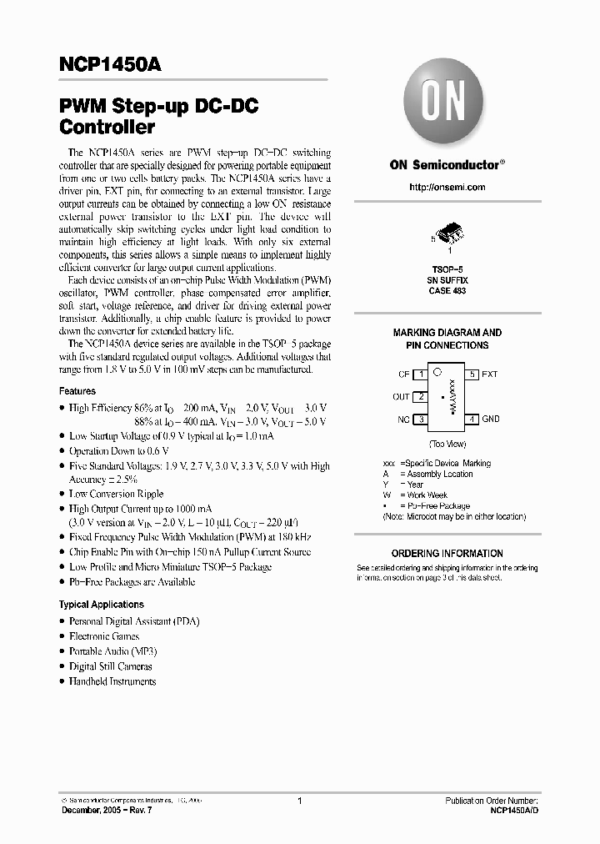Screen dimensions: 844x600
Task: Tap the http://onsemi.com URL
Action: [447, 187]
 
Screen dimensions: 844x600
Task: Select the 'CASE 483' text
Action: [447, 291]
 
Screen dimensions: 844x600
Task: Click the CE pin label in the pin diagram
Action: [403, 374]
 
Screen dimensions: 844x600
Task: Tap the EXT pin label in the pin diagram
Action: [490, 374]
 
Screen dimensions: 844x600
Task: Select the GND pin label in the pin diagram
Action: [491, 419]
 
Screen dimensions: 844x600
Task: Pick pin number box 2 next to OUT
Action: [422, 397]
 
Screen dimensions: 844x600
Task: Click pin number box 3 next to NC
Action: [422, 419]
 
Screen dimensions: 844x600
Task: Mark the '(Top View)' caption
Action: [447, 445]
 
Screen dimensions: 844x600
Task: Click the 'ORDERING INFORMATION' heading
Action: [447, 553]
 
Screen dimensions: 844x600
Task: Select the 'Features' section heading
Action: [77, 390]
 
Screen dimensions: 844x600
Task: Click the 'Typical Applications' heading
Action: [101, 604]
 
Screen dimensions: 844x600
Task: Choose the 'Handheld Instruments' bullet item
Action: [112, 681]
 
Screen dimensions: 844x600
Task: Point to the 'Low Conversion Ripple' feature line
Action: [116, 494]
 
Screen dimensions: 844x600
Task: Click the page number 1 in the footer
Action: [298, 801]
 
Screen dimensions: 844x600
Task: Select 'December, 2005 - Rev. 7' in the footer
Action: [107, 811]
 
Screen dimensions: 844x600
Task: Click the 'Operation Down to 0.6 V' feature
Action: [119, 450]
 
